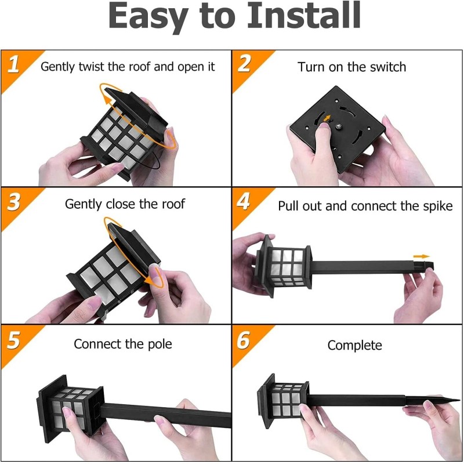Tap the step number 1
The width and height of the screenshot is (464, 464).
(13, 64)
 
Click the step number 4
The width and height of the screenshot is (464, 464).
(244, 202)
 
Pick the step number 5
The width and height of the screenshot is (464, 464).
(13, 340)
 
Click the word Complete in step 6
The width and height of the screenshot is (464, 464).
(354, 345)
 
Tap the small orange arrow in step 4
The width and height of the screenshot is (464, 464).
(422, 256)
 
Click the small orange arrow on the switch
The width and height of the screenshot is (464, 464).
(327, 119)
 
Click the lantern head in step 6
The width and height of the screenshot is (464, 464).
(284, 400)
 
